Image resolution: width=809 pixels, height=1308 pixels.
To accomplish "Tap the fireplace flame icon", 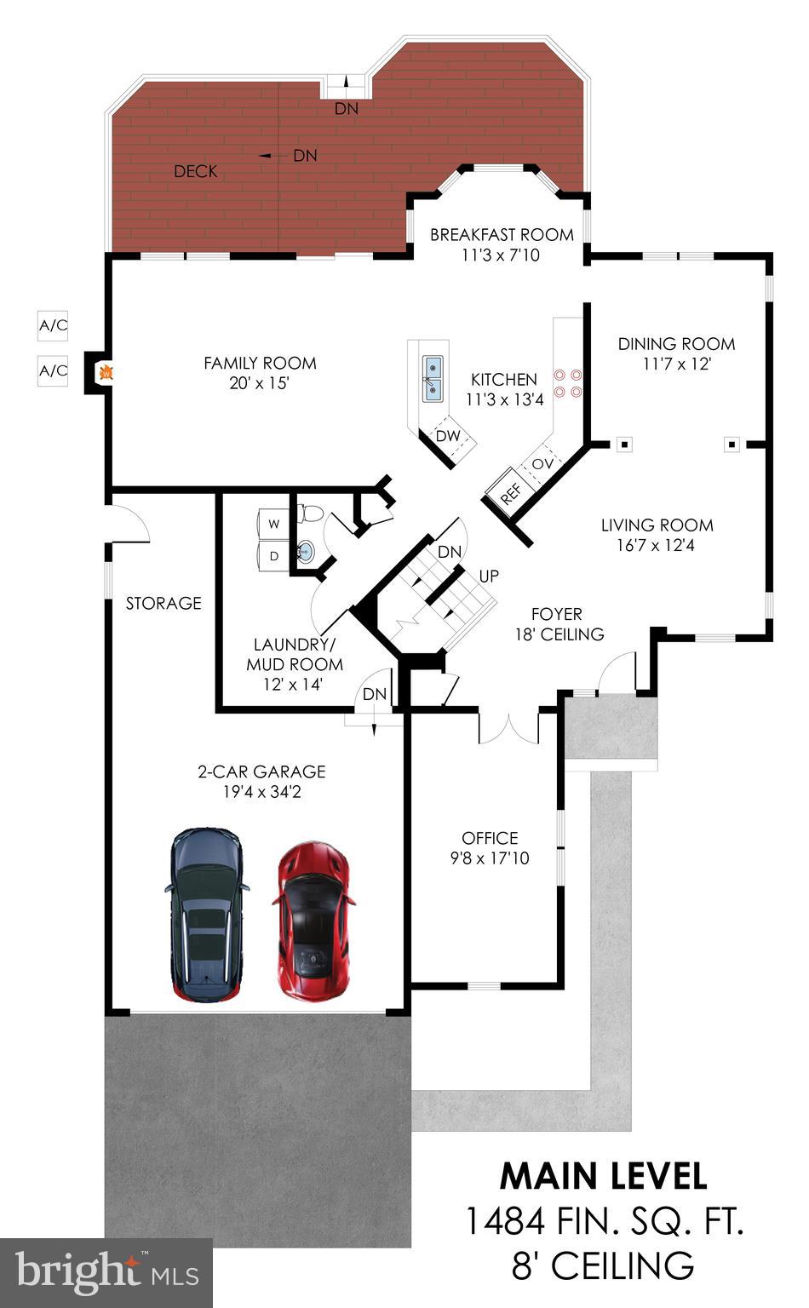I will coord(106,372).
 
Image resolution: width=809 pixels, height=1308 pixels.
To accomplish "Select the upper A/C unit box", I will coord(53,325).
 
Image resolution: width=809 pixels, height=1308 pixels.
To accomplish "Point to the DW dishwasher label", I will coord(448,436).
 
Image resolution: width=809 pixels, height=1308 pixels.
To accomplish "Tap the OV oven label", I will coord(542,464).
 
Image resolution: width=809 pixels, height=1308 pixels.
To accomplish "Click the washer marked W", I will coord(274,525).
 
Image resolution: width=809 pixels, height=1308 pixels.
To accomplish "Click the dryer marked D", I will coord(274,556).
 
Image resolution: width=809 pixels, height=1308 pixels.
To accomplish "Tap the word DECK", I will coord(195,171).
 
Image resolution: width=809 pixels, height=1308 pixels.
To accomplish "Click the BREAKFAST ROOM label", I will coord(502,234).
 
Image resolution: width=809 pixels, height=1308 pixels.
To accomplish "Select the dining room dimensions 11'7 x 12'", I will coord(676,364).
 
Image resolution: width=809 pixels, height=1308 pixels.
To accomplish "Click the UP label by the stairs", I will coord(489,577).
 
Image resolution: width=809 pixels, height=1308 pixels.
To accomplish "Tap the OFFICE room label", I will coord(490,838).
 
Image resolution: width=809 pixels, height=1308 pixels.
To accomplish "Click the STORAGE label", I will coord(164,603).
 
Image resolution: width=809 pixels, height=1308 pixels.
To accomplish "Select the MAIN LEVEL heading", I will coord(603,1176).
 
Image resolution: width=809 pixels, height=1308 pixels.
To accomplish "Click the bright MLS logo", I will coord(106,1273).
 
